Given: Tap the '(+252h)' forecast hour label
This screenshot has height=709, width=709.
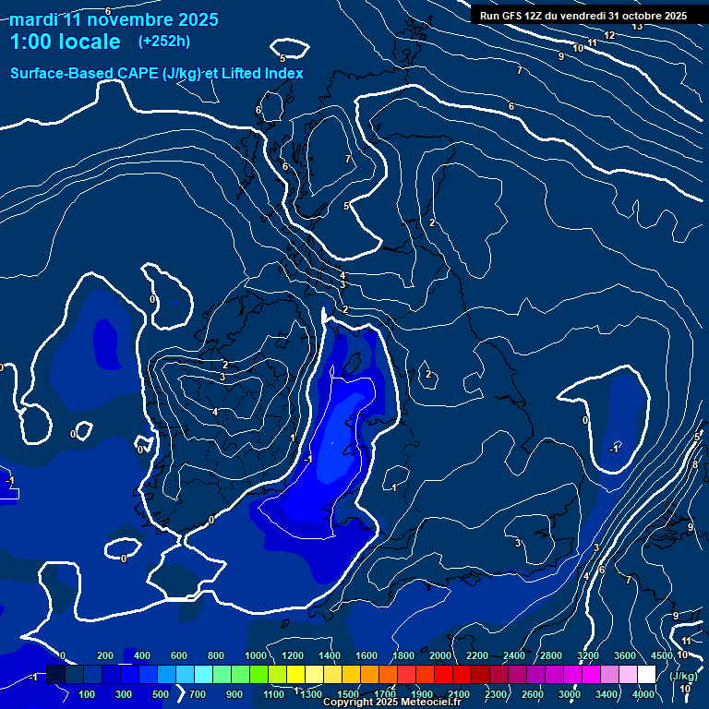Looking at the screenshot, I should click(x=164, y=42).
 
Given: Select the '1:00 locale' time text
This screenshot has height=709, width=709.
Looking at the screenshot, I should click(x=65, y=42).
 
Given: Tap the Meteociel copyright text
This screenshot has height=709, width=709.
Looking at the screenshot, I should click(x=391, y=703).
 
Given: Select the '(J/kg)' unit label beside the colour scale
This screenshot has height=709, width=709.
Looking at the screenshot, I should click(x=683, y=676).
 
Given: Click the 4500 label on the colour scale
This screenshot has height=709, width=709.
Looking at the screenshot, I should click(x=661, y=655).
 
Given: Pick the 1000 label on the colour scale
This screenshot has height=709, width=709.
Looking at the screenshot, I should click(x=256, y=655).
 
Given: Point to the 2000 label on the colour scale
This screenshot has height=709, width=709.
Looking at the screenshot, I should click(x=440, y=655).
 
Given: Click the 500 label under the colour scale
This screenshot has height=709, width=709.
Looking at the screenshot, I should click(x=160, y=694).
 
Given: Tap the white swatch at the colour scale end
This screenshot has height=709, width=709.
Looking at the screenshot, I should click(x=646, y=676).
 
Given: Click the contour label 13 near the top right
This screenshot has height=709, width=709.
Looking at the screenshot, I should click(x=637, y=26).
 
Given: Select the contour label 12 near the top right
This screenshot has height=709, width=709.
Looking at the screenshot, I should click(x=609, y=36).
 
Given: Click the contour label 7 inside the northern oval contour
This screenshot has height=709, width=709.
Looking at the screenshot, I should click(x=347, y=160).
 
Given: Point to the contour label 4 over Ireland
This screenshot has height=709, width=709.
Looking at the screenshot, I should click(x=215, y=412).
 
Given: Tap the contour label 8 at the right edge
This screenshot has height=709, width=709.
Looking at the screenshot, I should click(x=695, y=464).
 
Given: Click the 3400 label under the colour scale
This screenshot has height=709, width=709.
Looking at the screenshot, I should click(x=607, y=694).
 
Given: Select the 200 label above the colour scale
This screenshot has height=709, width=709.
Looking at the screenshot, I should click(x=104, y=655).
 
